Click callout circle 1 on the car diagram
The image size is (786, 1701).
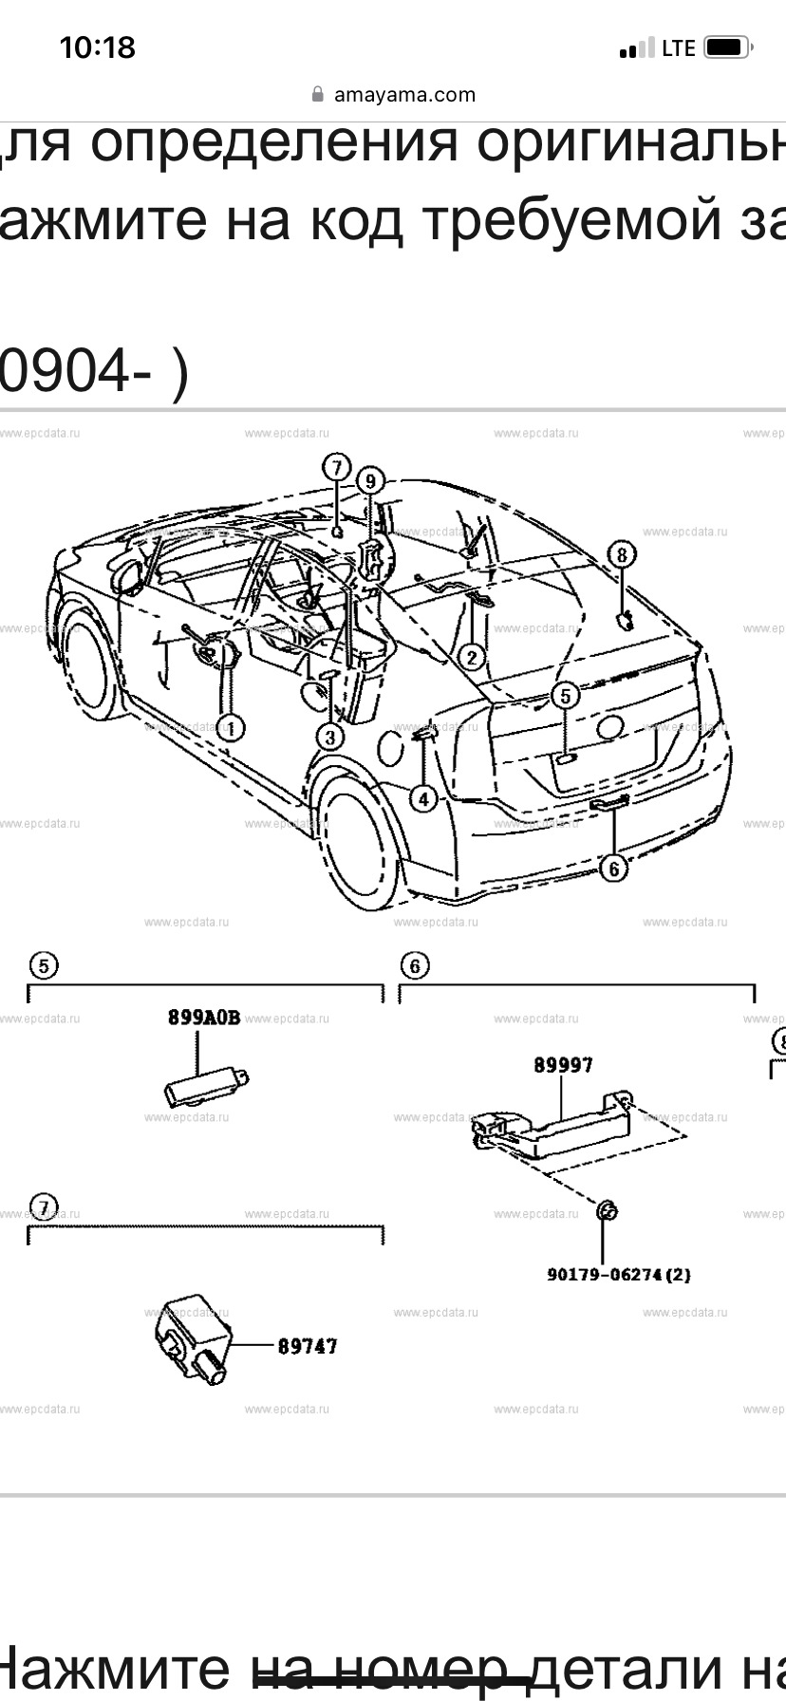[x=231, y=728]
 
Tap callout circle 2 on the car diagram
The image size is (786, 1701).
[x=471, y=656]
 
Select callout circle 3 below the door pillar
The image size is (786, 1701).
[x=329, y=736]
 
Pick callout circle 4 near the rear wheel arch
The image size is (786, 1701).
[x=423, y=799]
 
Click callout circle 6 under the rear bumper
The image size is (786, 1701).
[x=614, y=868]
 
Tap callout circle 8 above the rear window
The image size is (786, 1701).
[x=622, y=553]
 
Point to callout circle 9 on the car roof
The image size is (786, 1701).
[x=370, y=481]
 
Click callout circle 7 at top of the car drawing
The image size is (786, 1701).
[x=336, y=467]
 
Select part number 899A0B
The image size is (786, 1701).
[x=204, y=1018]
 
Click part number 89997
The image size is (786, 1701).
[x=562, y=1065]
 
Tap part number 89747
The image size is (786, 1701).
[x=307, y=1346]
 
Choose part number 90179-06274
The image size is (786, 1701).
[x=618, y=1275]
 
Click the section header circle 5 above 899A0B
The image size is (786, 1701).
[x=44, y=966]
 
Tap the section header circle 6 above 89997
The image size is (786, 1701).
[x=415, y=966]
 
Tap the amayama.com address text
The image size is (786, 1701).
[x=404, y=95]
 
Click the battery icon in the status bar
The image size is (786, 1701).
[x=729, y=47]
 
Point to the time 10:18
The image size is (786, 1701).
[x=98, y=47]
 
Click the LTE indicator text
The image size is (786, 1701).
[x=678, y=48]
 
